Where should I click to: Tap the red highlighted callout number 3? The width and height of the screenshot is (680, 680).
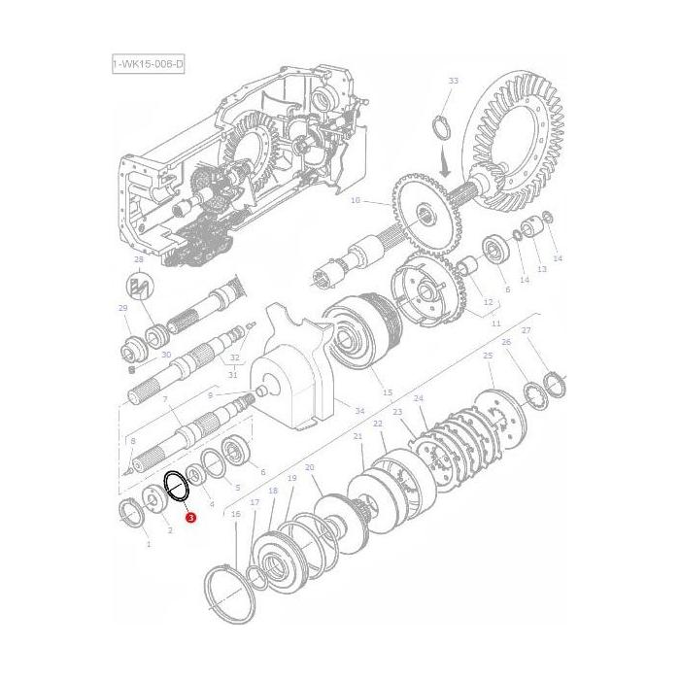click(190, 520)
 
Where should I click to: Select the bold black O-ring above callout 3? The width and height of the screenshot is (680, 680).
click(176, 487)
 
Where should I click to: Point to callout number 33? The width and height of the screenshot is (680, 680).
click(453, 81)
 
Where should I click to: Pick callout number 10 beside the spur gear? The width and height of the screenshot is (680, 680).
click(355, 201)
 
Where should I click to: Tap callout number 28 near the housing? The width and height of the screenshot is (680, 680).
click(138, 260)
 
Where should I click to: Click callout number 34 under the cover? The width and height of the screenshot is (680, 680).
click(359, 411)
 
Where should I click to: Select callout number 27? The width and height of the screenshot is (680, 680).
click(526, 331)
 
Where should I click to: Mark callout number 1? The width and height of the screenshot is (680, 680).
click(149, 544)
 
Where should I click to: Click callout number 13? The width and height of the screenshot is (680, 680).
click(542, 269)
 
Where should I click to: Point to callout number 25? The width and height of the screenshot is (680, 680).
click(488, 356)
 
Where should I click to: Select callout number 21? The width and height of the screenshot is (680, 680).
click(357, 437)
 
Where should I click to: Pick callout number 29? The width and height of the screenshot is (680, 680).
click(123, 308)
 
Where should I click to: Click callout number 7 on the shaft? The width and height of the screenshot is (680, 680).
click(165, 400)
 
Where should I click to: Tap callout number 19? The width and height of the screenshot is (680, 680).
click(291, 479)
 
